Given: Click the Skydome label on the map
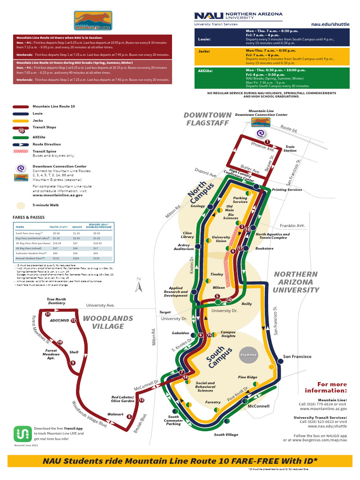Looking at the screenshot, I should [249, 355].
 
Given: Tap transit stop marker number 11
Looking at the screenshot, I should [48, 314].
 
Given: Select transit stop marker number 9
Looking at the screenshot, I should [73, 363].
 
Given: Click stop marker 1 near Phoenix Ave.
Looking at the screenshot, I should [267, 142].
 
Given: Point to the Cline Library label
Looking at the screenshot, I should [187, 235].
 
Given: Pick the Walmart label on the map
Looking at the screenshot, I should [115, 414].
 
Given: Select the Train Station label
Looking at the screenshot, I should [291, 149].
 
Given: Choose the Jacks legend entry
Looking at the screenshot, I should [37, 120].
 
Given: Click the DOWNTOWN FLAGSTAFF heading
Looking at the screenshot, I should [208, 119].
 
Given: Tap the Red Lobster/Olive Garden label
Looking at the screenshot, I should [123, 399].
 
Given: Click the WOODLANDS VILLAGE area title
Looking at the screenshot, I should [108, 322].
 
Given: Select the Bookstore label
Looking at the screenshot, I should [264, 248].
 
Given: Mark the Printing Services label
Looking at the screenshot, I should [287, 190].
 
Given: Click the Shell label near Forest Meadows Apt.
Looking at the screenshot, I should [74, 352].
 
